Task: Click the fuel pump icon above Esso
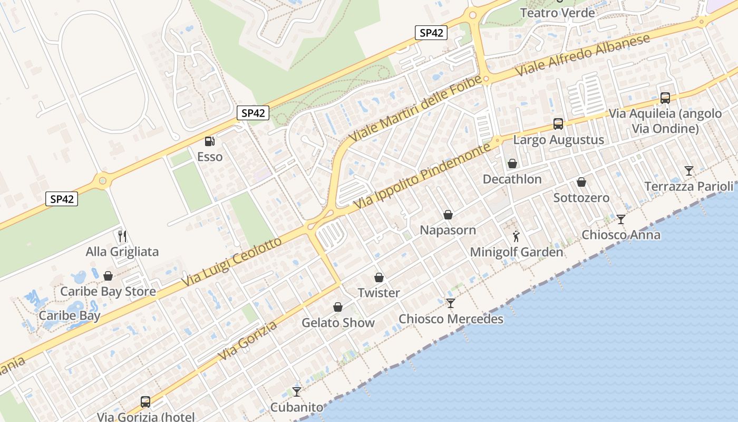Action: tap(210, 141)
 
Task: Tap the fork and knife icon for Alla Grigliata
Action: tap(122, 236)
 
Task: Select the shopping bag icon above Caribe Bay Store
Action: tap(108, 276)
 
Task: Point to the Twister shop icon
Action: tap(379, 277)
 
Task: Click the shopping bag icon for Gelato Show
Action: tap(338, 307)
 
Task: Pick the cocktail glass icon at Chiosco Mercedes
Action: tap(451, 303)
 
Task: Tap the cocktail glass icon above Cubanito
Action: tap(297, 391)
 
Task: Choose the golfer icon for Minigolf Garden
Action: tap(516, 236)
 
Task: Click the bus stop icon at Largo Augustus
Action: tap(558, 124)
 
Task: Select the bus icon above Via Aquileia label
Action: tap(665, 98)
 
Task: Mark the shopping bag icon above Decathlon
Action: tap(512, 164)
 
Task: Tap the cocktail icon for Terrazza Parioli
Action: tap(689, 170)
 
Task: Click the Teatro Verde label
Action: tap(557, 13)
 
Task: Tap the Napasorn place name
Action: tap(448, 230)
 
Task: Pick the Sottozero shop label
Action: tap(581, 198)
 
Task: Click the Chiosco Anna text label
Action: tap(621, 235)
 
